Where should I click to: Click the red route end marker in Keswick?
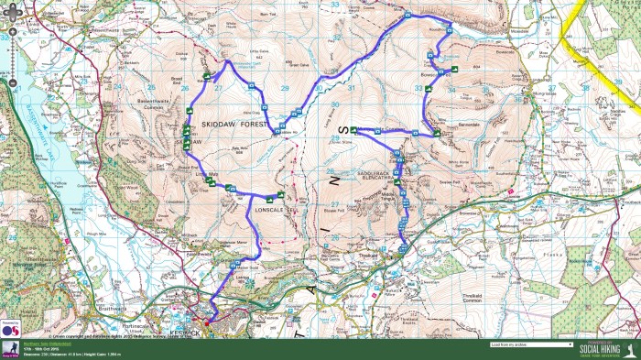[207, 322]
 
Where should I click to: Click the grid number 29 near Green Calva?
[284, 89]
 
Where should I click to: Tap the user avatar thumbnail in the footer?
[10, 349]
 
